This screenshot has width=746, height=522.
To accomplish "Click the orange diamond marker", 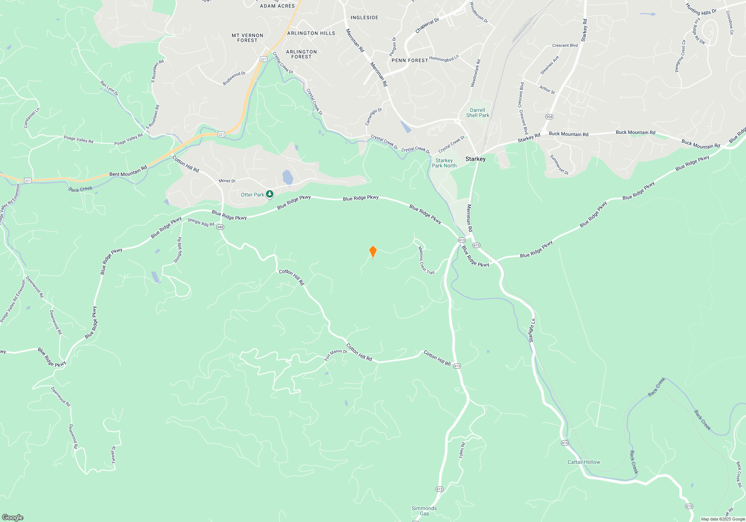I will click(x=373, y=251).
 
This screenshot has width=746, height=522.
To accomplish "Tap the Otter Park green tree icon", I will click(x=270, y=194).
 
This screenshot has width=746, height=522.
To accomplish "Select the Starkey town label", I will click(x=475, y=159).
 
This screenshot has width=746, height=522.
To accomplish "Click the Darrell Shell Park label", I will click(x=477, y=113).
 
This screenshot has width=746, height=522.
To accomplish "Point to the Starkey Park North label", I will click(x=444, y=163).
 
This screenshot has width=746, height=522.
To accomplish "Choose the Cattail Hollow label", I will click(x=584, y=462).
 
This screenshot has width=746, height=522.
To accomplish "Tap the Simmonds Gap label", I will click(x=424, y=511).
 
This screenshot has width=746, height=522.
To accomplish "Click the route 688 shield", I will click(x=220, y=227).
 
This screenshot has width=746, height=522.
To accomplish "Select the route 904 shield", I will click(x=549, y=117).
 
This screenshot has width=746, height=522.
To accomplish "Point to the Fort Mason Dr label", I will click(x=335, y=354).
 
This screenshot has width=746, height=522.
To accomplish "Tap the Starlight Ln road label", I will click(x=532, y=330).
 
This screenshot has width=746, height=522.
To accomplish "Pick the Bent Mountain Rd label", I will click(x=128, y=171).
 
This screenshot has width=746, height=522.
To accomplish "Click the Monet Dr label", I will click(x=227, y=181).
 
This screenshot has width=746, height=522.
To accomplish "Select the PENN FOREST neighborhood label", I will click(x=410, y=60).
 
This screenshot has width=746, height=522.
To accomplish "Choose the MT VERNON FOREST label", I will click(x=247, y=38).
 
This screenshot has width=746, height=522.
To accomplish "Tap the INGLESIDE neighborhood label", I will click(x=364, y=18).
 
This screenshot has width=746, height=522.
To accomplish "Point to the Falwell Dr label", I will click(x=113, y=455).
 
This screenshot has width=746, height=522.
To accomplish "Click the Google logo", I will click(x=13, y=517).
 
